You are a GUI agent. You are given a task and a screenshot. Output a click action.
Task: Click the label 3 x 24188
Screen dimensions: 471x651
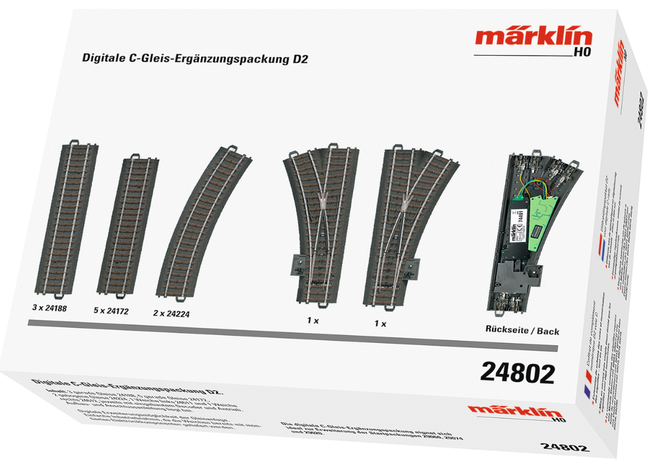[x=49, y=308]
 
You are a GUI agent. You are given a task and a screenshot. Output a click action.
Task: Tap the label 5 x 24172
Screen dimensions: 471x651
[x=111, y=311]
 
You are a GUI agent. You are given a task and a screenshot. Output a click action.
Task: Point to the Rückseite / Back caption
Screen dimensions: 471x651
[x=522, y=331]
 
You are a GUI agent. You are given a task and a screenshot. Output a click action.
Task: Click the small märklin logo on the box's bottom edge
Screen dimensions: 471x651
[x=507, y=411]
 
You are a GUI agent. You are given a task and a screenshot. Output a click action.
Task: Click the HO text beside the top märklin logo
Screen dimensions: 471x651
[x=582, y=53]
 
